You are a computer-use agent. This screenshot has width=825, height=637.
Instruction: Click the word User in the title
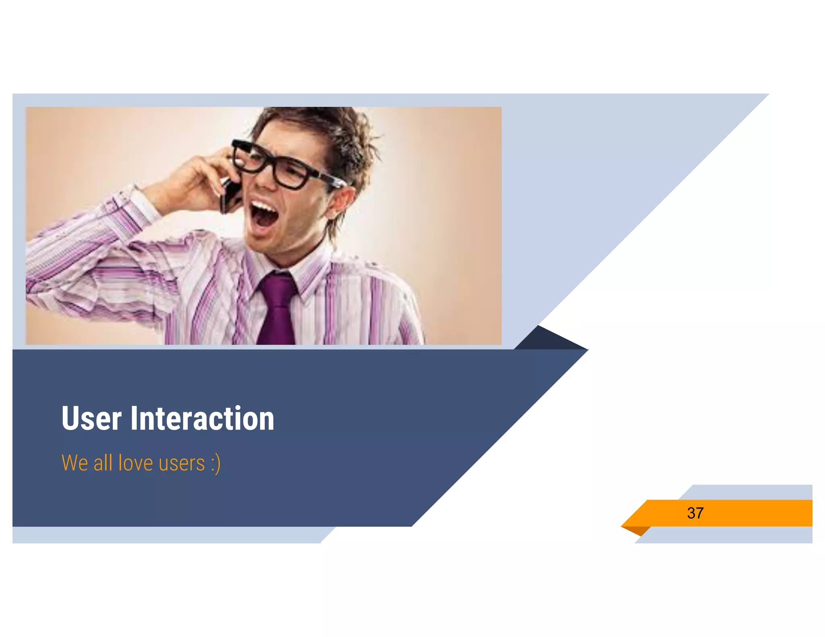pyautogui.click(x=91, y=419)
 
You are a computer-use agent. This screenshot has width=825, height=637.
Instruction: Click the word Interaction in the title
pyautogui.click(x=202, y=419)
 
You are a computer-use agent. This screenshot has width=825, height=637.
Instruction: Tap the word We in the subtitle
pyautogui.click(x=75, y=463)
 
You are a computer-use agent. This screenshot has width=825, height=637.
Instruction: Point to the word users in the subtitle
pyautogui.click(x=182, y=463)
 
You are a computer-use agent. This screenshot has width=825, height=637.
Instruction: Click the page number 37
pyautogui.click(x=695, y=513)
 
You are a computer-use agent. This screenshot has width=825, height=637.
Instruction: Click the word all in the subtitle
pyautogui.click(x=103, y=463)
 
